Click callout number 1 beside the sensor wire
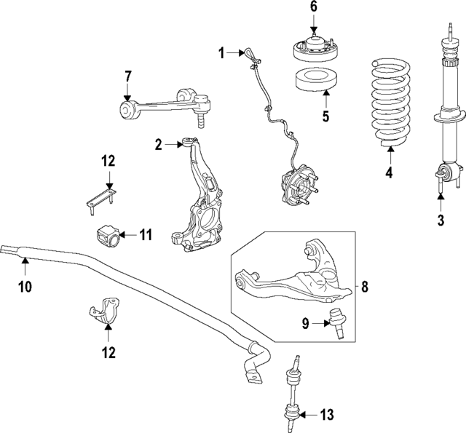click(x=221, y=52)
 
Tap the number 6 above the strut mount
click(x=314, y=7)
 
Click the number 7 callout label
click(x=127, y=76)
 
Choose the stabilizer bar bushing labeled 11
click(x=107, y=236)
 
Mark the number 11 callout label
click(x=145, y=234)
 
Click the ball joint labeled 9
click(x=336, y=323)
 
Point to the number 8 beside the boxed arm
click(x=364, y=287)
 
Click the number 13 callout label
click(x=327, y=416)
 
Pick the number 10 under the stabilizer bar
click(x=25, y=287)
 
